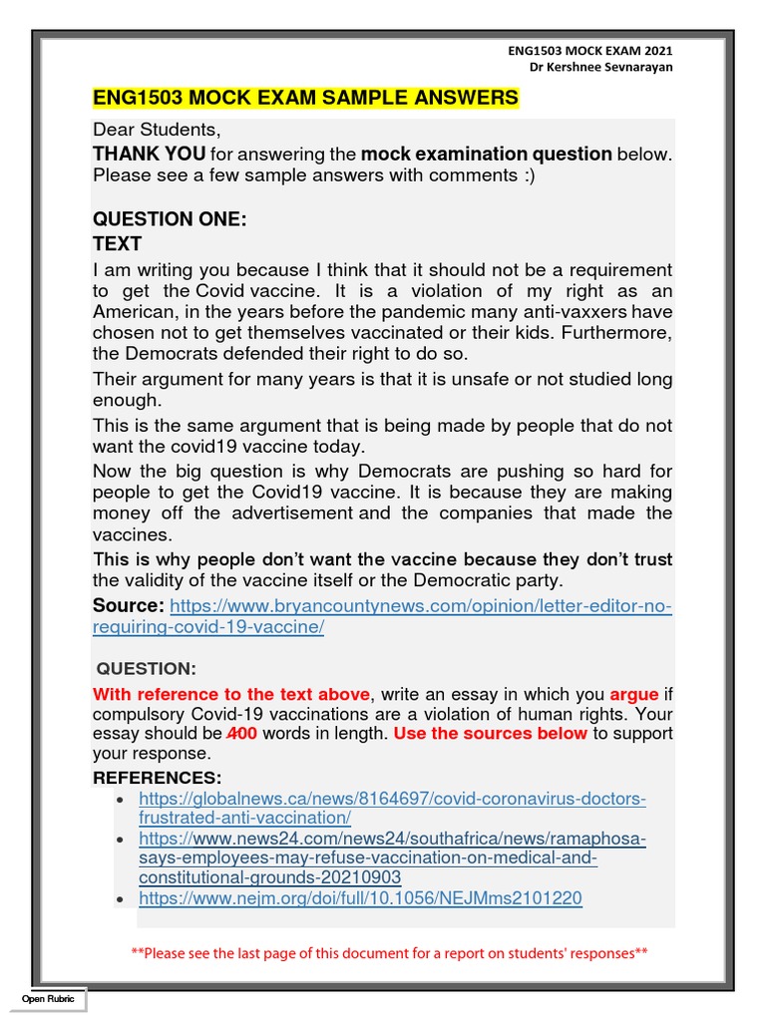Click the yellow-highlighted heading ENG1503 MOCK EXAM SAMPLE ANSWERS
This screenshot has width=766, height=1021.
coord(305,97)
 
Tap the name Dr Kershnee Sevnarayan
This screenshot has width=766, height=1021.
coord(601,66)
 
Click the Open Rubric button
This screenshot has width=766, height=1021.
coord(50,999)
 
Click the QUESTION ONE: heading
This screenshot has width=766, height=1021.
coord(170,219)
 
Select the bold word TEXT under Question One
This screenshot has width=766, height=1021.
coord(118,244)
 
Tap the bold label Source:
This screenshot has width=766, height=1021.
coord(128,606)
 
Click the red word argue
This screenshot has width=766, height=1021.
coord(634,694)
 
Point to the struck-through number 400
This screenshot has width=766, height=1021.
coord(242,734)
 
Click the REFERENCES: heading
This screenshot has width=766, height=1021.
coord(158,778)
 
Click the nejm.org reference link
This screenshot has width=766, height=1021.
coord(360,898)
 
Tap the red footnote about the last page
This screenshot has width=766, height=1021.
coord(389,953)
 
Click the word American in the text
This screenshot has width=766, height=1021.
coord(134,312)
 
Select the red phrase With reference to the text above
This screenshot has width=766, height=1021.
coord(231,694)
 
